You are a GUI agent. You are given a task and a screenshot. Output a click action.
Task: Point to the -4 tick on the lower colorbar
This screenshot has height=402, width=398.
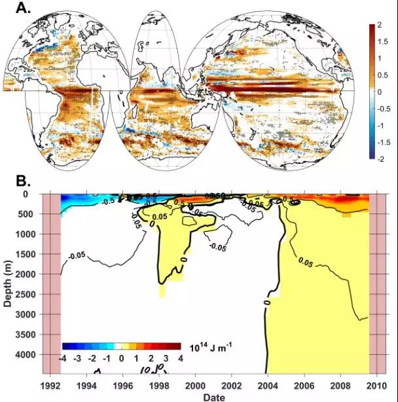63,359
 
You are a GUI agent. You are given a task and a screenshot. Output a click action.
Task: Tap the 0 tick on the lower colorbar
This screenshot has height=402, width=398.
122,359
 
